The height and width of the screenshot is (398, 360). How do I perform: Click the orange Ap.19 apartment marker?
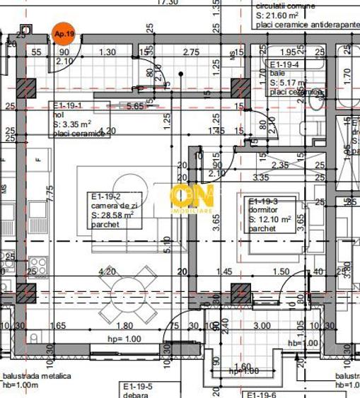click(62, 33)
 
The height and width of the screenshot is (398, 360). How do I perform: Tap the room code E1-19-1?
click(69, 106)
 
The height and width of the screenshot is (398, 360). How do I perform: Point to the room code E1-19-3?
click(264, 201)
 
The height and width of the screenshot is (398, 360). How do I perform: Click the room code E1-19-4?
click(285, 64)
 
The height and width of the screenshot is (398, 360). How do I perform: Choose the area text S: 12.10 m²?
click(271, 220)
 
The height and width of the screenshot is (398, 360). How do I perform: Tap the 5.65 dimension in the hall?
click(136, 107)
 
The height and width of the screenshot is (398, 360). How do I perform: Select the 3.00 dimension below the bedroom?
click(262, 326)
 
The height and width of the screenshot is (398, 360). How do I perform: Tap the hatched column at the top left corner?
click(27, 87)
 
